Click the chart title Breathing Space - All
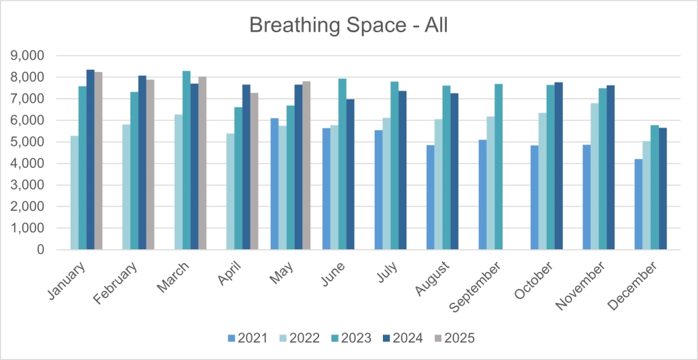(x=348, y=25)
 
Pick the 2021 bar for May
(x=274, y=184)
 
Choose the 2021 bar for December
(x=638, y=204)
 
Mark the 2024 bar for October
(x=558, y=166)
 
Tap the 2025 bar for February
(x=150, y=165)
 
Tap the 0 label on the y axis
(x=40, y=250)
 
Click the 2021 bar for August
(x=430, y=197)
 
